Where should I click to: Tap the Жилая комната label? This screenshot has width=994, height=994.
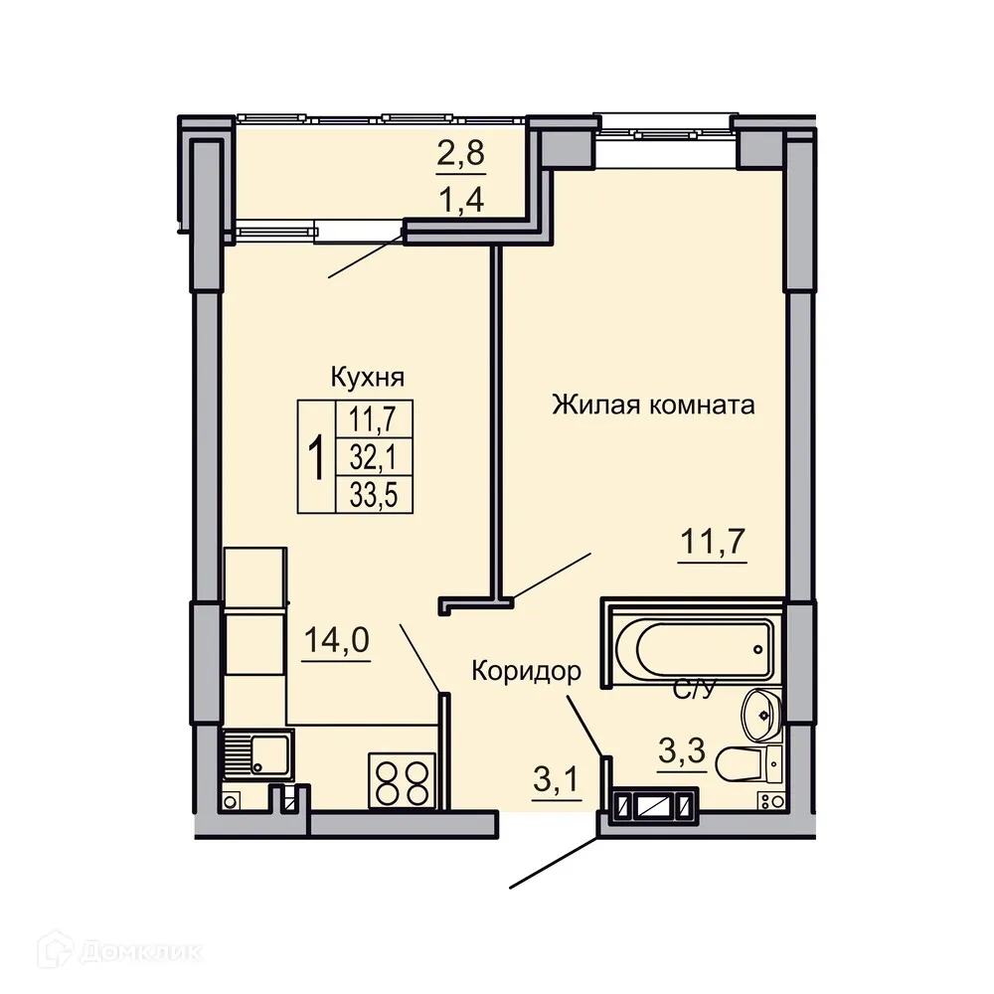click(653, 405)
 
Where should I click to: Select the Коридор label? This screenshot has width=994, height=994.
click(526, 671)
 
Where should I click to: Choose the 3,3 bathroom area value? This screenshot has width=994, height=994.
click(682, 750)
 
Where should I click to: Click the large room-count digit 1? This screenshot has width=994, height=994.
click(317, 457)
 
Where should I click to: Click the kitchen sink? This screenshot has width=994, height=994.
click(255, 753)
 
